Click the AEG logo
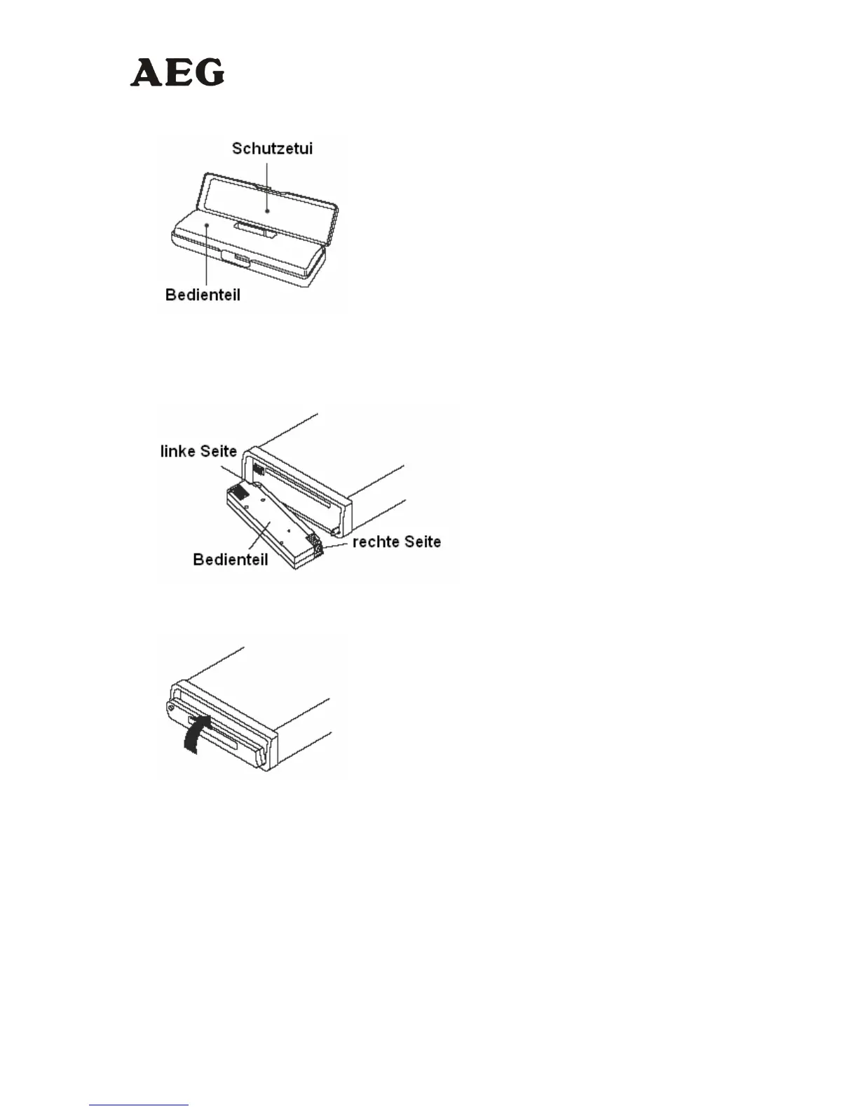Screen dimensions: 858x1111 tap(177, 72)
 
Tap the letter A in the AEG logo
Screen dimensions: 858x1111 tap(146, 73)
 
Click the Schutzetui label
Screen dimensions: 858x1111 tap(272, 149)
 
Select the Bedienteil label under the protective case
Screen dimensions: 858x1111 tap(203, 295)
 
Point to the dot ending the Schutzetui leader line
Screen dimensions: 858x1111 tap(267, 210)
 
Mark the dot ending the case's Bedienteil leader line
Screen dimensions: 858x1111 tap(207, 224)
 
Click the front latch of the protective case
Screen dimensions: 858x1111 tap(235, 259)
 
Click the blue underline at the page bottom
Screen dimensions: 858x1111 tap(139, 1105)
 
